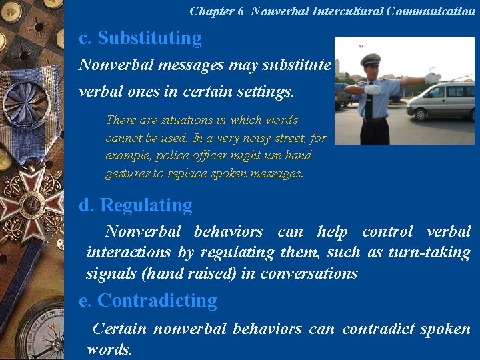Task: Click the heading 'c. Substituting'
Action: tap(140, 39)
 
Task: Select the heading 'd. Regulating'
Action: tap(135, 205)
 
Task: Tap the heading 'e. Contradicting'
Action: tap(148, 301)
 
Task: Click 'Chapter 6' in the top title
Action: tap(217, 11)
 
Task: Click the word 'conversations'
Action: tap(309, 273)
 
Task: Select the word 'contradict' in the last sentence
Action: tap(379, 329)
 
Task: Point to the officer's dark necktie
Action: tap(369, 103)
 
